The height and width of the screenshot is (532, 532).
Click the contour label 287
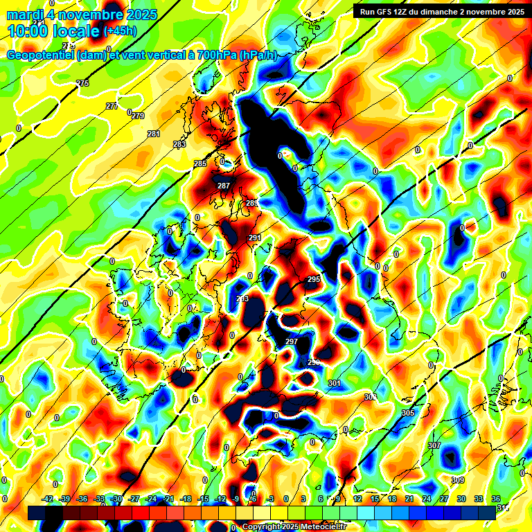point(224,186)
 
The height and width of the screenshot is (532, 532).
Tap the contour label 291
point(254,238)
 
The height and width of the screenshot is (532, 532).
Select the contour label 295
point(314,279)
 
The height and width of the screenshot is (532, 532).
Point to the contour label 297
point(292,342)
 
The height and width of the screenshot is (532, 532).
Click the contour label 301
point(335,383)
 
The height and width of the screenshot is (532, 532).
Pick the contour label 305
point(407,413)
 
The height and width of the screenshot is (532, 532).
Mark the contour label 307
point(434,445)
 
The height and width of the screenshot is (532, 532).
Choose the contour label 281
point(154,134)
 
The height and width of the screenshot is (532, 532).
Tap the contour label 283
point(179,144)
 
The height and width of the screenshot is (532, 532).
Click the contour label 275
point(83,83)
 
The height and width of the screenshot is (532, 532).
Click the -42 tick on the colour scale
point(48,499)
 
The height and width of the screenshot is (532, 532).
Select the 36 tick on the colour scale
point(496,499)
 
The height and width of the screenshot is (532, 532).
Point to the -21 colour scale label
point(168,499)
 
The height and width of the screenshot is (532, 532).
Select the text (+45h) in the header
point(121,31)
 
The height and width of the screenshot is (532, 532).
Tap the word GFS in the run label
point(389,11)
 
